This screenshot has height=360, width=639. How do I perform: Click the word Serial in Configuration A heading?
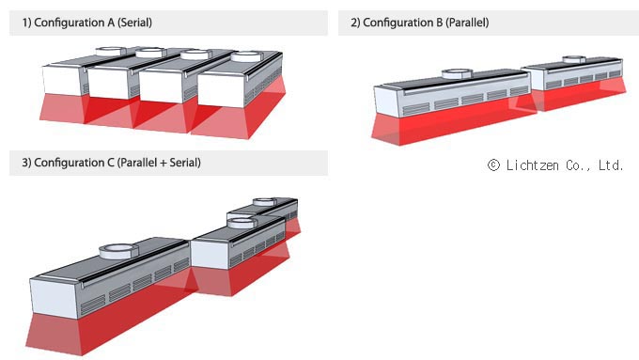coord(135,23)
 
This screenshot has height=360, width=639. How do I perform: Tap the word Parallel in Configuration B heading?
coord(467,23)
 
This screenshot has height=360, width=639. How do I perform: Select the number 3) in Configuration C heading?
coord(26,163)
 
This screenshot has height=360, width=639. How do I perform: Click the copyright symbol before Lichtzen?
coord(493,165)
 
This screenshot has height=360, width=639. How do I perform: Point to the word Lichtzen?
coord(532,165)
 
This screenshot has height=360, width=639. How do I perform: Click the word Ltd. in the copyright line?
coord(611,165)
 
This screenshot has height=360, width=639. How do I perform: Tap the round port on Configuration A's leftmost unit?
coord(111,51)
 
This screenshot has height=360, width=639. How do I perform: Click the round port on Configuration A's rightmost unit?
coord(246,56)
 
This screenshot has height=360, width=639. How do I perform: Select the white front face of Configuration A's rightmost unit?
coord(221,90)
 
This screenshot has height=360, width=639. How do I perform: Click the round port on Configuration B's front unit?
coord(458,73)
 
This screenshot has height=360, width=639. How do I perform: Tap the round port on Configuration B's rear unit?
coord(574,59)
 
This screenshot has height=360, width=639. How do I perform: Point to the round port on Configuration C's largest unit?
coord(118,251)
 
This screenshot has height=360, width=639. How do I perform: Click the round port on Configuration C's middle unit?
coord(242,223)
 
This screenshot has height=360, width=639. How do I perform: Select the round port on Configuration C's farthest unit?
coord(264,202)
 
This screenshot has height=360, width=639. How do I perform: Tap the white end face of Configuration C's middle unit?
coord(210,255)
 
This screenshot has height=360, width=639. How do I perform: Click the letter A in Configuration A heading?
coord(111,23)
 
